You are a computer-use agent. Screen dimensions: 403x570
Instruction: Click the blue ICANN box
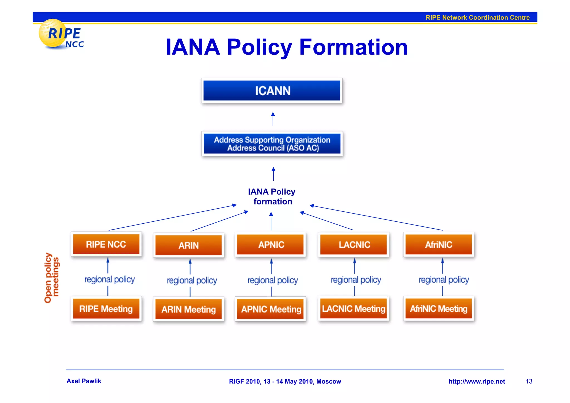[272, 91]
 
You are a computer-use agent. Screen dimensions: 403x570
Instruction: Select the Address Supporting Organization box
[272, 144]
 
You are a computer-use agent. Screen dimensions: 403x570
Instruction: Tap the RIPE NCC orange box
[106, 244]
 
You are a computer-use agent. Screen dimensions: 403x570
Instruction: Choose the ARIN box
[188, 245]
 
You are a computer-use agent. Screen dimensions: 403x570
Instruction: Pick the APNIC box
[270, 245]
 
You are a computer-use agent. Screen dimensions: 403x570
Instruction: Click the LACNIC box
[353, 245]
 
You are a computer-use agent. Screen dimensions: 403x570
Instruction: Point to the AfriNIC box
[438, 245]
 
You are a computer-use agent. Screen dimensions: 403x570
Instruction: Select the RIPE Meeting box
[106, 309]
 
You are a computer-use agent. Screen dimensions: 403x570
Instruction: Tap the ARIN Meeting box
[188, 309]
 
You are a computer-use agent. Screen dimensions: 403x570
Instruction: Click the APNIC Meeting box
[270, 309]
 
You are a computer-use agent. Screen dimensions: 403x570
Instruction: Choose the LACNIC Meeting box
[353, 308]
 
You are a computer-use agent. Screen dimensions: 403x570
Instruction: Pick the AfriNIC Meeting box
[438, 308]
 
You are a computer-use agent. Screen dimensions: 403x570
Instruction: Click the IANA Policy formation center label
[272, 197]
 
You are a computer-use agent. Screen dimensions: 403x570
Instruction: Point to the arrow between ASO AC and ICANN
[273, 119]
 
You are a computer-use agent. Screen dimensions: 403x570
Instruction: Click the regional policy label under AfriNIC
[444, 279]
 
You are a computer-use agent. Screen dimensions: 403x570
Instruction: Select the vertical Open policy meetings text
[52, 277]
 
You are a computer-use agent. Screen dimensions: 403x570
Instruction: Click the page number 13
[529, 381]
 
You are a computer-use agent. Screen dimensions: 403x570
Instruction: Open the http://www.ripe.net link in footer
[476, 381]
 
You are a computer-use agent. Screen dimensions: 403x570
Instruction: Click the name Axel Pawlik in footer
[84, 381]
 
